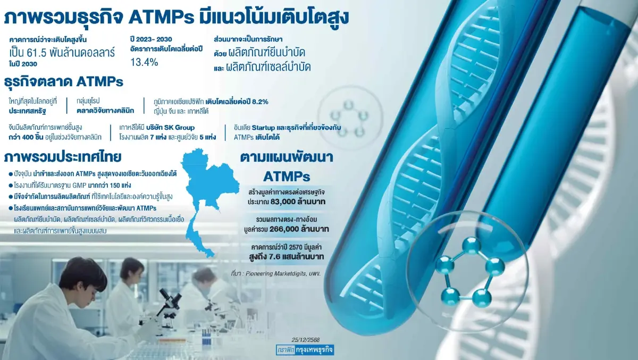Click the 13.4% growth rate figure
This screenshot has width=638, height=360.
[144, 62]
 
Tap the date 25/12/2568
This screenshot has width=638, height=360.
[306, 340]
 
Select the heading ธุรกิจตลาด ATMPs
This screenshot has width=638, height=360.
[63, 82]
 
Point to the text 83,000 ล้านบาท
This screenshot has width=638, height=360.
[298, 202]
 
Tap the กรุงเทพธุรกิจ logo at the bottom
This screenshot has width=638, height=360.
[305, 350]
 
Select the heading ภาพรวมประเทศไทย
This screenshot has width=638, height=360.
[63, 157]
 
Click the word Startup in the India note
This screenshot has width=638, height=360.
[264, 128]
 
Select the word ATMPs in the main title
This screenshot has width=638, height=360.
[161, 18]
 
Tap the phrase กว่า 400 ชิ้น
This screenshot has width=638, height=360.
[26, 137]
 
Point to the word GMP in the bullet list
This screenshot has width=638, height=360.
[79, 186]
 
